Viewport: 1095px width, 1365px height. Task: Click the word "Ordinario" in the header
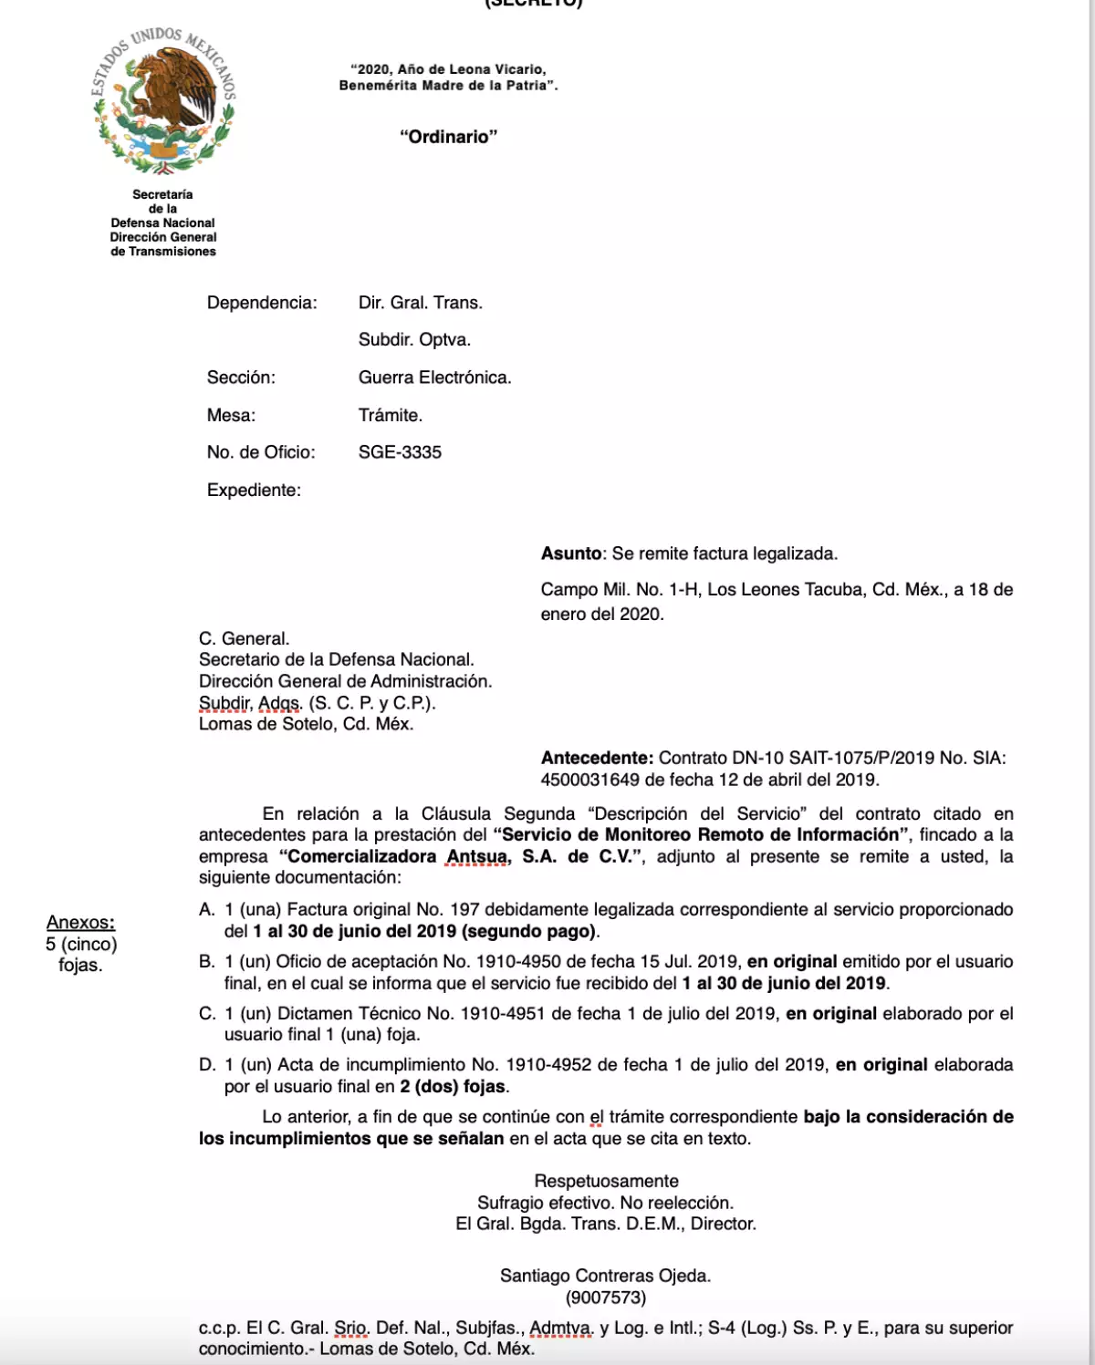(x=448, y=137)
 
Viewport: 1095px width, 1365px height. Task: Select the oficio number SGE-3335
(x=400, y=452)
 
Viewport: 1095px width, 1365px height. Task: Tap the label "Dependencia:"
(x=262, y=303)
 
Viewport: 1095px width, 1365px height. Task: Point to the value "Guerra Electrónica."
(x=434, y=377)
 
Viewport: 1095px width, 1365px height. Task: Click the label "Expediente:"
(x=254, y=491)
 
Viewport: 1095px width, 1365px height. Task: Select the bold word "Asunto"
(x=571, y=553)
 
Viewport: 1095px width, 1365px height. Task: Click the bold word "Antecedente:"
(x=597, y=758)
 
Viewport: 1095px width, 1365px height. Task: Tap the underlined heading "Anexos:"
(x=81, y=922)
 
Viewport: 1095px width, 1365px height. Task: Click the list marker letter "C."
(x=207, y=1013)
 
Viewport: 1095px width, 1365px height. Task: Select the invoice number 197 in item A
(x=464, y=909)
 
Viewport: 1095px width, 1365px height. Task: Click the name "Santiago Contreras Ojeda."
(x=605, y=1276)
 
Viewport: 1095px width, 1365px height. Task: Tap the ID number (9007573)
(x=605, y=1298)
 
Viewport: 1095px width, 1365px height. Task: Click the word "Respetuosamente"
(x=606, y=1181)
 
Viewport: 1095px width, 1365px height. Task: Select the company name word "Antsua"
(x=475, y=856)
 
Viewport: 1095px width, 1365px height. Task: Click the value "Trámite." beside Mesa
(x=391, y=415)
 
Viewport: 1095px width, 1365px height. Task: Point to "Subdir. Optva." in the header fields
(x=414, y=340)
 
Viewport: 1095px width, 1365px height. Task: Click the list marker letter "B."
(x=207, y=961)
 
